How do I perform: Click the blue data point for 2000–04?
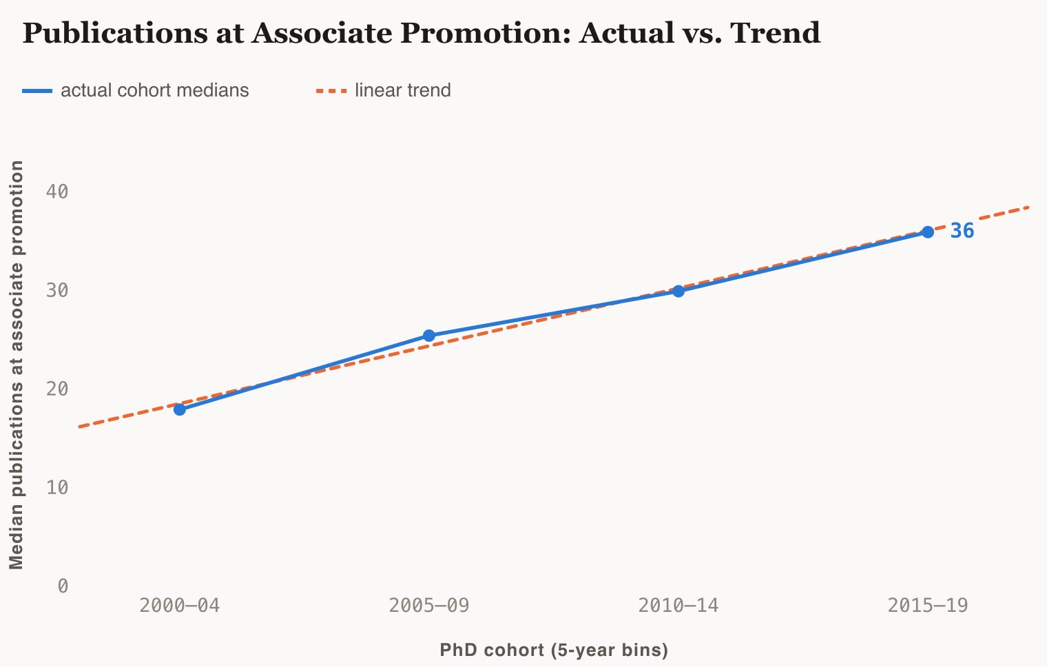click(180, 409)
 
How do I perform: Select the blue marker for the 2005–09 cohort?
click(428, 336)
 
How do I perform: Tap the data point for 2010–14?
click(678, 291)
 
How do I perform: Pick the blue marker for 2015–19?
click(928, 232)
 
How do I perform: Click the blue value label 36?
click(962, 231)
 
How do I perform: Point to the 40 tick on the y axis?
click(57, 192)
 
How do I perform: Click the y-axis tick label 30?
click(57, 290)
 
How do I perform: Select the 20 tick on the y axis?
click(57, 389)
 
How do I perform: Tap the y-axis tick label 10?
click(57, 488)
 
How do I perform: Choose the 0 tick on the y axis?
click(63, 586)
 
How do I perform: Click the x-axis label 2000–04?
click(180, 606)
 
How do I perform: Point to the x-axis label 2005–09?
click(428, 606)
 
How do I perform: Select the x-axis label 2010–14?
click(678, 606)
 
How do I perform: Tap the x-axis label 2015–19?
click(928, 606)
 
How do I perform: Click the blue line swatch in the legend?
click(37, 91)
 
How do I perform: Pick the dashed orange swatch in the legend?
click(331, 91)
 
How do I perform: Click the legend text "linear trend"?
click(403, 90)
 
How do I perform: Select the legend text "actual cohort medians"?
click(155, 90)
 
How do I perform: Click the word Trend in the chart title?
click(775, 32)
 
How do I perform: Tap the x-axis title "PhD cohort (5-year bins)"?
click(554, 650)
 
